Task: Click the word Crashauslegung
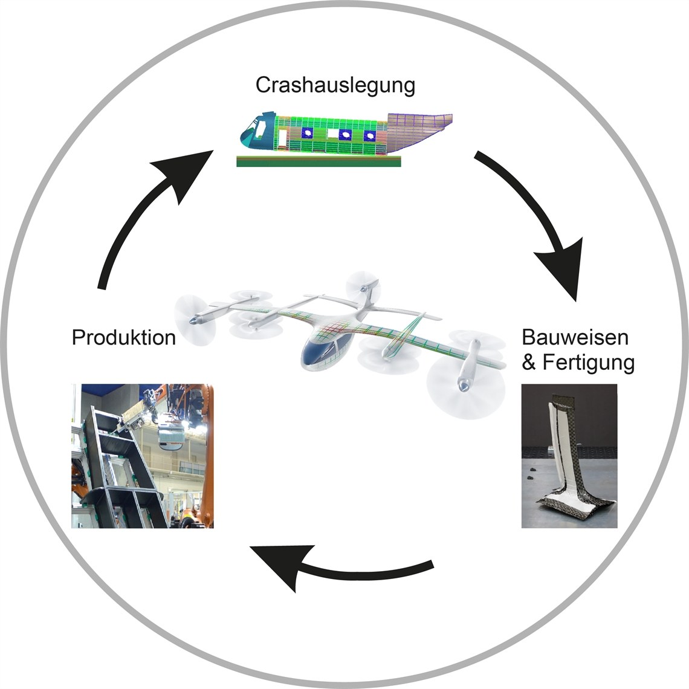pyautogui.click(x=335, y=85)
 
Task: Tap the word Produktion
pyautogui.click(x=124, y=337)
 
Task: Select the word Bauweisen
pyautogui.click(x=575, y=337)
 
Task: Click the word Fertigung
pyautogui.click(x=588, y=363)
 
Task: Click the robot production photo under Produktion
pyautogui.click(x=142, y=456)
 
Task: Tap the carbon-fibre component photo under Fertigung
pyautogui.click(x=569, y=456)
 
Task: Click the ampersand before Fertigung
pyautogui.click(x=529, y=363)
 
